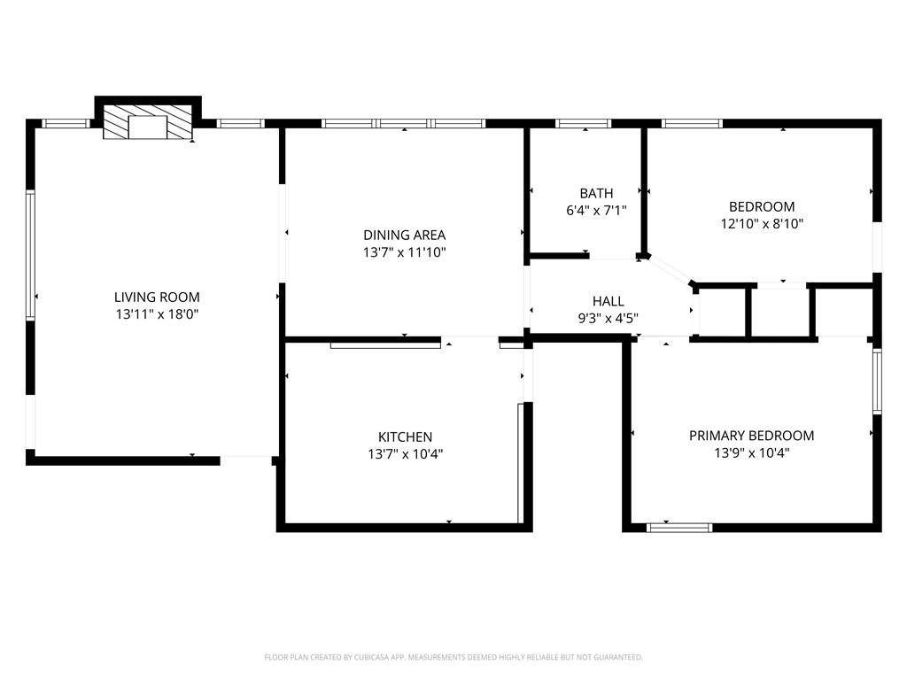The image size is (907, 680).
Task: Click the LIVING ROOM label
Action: (157, 297)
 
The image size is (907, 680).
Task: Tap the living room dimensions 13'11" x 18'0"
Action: (157, 314)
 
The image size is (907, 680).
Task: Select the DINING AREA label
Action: (404, 236)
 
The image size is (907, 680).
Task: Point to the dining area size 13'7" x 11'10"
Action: (404, 252)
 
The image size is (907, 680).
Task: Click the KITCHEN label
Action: (405, 437)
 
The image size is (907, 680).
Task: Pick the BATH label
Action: (596, 193)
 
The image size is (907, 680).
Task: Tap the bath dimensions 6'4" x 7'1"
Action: (596, 211)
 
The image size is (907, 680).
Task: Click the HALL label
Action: (608, 301)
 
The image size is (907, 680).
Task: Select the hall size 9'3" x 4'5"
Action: (608, 319)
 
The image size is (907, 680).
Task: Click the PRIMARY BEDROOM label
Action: (751, 436)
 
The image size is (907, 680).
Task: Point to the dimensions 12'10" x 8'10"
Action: (762, 224)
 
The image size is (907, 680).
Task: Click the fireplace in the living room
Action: (148, 122)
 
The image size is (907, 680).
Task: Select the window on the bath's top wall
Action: (583, 123)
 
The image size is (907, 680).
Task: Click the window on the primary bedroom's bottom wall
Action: (679, 528)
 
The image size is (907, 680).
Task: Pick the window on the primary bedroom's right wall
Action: (877, 381)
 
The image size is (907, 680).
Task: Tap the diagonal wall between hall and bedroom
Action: (668, 269)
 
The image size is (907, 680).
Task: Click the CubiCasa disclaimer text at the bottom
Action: (453, 658)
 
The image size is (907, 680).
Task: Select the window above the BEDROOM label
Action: (692, 123)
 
